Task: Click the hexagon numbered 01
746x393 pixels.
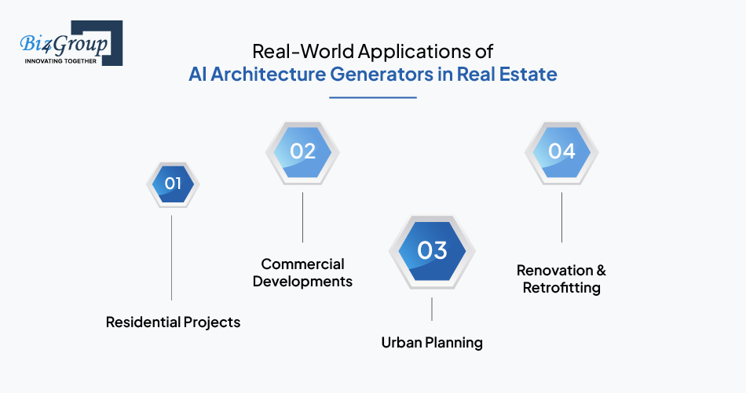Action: [173, 184]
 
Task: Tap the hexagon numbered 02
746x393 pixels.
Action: [302, 152]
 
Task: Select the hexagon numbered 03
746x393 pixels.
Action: [432, 251]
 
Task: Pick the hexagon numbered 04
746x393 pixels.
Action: [561, 152]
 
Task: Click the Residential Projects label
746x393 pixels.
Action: [173, 322]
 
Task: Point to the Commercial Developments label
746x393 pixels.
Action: [302, 273]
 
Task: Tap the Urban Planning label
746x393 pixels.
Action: [432, 343]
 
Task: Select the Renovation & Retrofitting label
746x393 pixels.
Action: [561, 279]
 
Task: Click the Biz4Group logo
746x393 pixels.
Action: [71, 43]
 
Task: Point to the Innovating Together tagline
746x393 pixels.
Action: [60, 61]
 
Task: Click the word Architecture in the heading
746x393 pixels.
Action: [269, 75]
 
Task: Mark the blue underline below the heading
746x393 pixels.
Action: [373, 98]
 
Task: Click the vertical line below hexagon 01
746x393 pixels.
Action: [171, 257]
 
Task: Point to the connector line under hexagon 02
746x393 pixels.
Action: [302, 217]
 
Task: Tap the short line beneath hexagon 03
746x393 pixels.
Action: [432, 309]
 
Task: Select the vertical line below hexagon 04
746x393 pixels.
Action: [561, 217]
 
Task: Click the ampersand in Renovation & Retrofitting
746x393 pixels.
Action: [601, 271]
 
